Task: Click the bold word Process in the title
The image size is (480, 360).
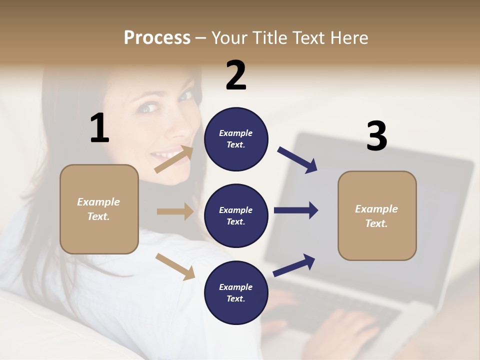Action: point(157,37)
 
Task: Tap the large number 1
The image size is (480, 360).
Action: point(99,128)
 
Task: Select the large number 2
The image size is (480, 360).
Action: point(236,75)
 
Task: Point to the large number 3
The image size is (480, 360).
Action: point(376,136)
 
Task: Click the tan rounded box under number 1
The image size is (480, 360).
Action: point(99,209)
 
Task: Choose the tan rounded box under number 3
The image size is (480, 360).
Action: point(377,215)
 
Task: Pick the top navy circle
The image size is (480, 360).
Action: point(236,139)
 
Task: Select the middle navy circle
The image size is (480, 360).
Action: point(236,215)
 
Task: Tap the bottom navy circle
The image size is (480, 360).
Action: point(236,292)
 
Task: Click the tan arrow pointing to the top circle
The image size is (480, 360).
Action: point(174,159)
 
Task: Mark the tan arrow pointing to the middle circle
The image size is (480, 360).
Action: point(175,211)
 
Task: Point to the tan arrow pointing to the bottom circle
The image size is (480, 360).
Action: point(175,266)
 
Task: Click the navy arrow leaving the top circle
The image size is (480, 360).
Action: point(297,160)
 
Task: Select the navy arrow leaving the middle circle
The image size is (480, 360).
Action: point(296,210)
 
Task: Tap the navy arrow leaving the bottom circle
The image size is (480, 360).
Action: point(294,265)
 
